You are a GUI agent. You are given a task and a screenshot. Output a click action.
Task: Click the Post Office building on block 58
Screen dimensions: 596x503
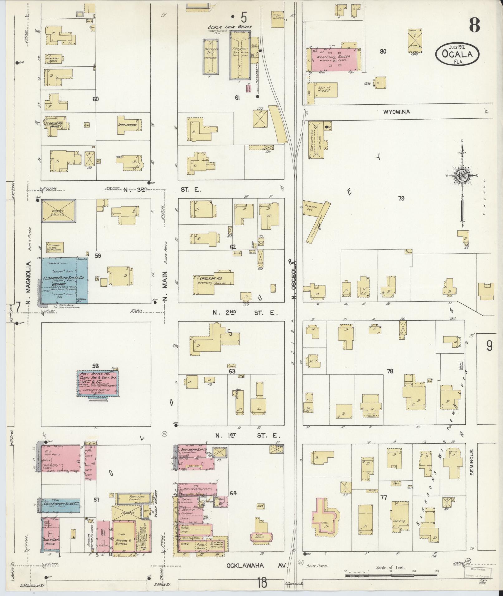tap(98, 383)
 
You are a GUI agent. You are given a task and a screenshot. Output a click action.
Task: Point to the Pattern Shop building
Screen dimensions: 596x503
tap(210, 57)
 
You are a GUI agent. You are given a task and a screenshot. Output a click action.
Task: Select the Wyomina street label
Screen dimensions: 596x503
tap(396, 112)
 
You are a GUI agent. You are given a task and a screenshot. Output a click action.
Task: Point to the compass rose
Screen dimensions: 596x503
tap(461, 176)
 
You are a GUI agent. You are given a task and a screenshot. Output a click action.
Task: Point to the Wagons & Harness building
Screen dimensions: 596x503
tap(123, 536)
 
